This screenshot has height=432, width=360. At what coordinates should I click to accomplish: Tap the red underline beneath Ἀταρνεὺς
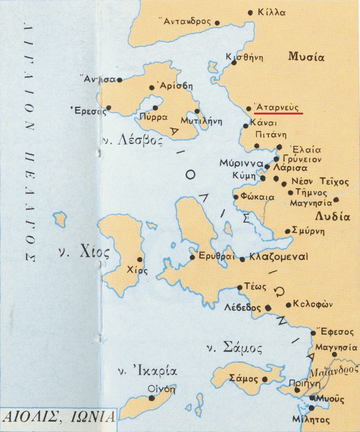pos(278,113)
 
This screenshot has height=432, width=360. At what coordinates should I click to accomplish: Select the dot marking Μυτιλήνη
pos(197,111)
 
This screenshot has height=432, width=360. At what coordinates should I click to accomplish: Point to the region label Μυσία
pos(306,57)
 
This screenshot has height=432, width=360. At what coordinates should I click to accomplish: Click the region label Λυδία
pos(332,217)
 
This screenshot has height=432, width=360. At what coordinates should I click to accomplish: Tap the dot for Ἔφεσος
pos(313,333)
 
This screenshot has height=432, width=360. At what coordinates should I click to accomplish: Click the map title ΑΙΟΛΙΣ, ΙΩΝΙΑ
pos(59,417)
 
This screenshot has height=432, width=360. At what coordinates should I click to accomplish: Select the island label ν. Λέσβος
pos(132,141)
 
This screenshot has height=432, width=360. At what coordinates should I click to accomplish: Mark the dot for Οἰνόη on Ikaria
pos(151,398)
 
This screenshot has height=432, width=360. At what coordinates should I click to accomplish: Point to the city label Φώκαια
pos(258,197)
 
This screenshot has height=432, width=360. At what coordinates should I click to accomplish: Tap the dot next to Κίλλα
pos(251,13)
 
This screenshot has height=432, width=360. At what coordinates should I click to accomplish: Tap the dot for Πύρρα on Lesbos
pos(155,108)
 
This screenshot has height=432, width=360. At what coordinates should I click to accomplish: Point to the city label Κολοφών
pos(313,305)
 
